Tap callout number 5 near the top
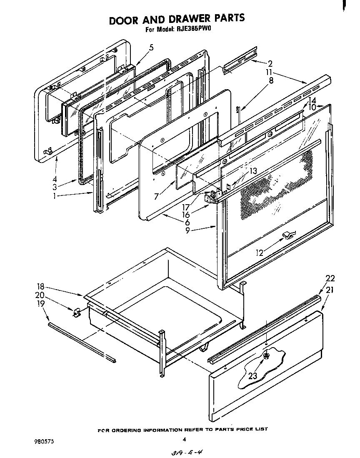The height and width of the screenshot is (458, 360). click(x=151, y=48)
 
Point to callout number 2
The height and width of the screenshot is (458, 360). click(x=270, y=64)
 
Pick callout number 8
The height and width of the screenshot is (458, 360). click(x=271, y=81)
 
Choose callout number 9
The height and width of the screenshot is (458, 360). click(x=188, y=230)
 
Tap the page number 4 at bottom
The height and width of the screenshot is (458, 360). click(x=184, y=438)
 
